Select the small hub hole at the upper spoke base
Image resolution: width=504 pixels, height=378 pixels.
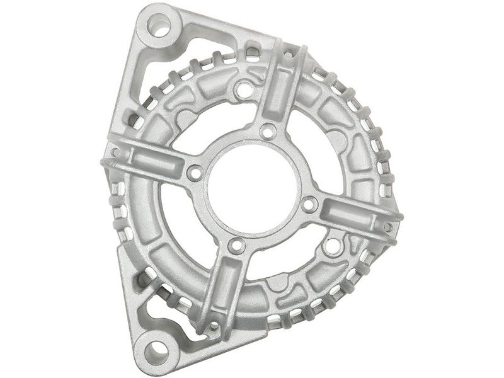click(268, 132)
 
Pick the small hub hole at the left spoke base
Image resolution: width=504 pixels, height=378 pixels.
click(195, 172)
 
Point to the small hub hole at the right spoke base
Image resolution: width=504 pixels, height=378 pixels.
click(309, 203)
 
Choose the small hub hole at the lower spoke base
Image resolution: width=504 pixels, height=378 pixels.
click(236, 244)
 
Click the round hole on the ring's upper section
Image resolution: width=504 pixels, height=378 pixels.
click(243, 89)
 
